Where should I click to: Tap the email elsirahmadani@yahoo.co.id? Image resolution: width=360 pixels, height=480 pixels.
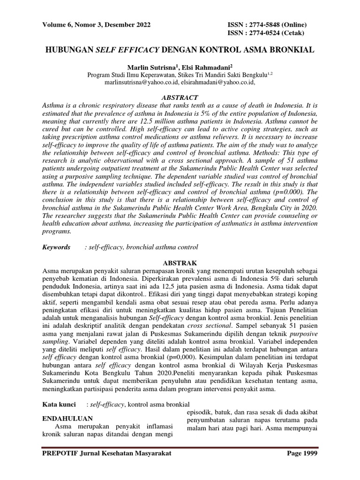pos(217,82)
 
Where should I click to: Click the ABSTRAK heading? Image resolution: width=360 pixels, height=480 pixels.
pos(180,263)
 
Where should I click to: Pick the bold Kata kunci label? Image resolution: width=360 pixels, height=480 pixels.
pos(60,404)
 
